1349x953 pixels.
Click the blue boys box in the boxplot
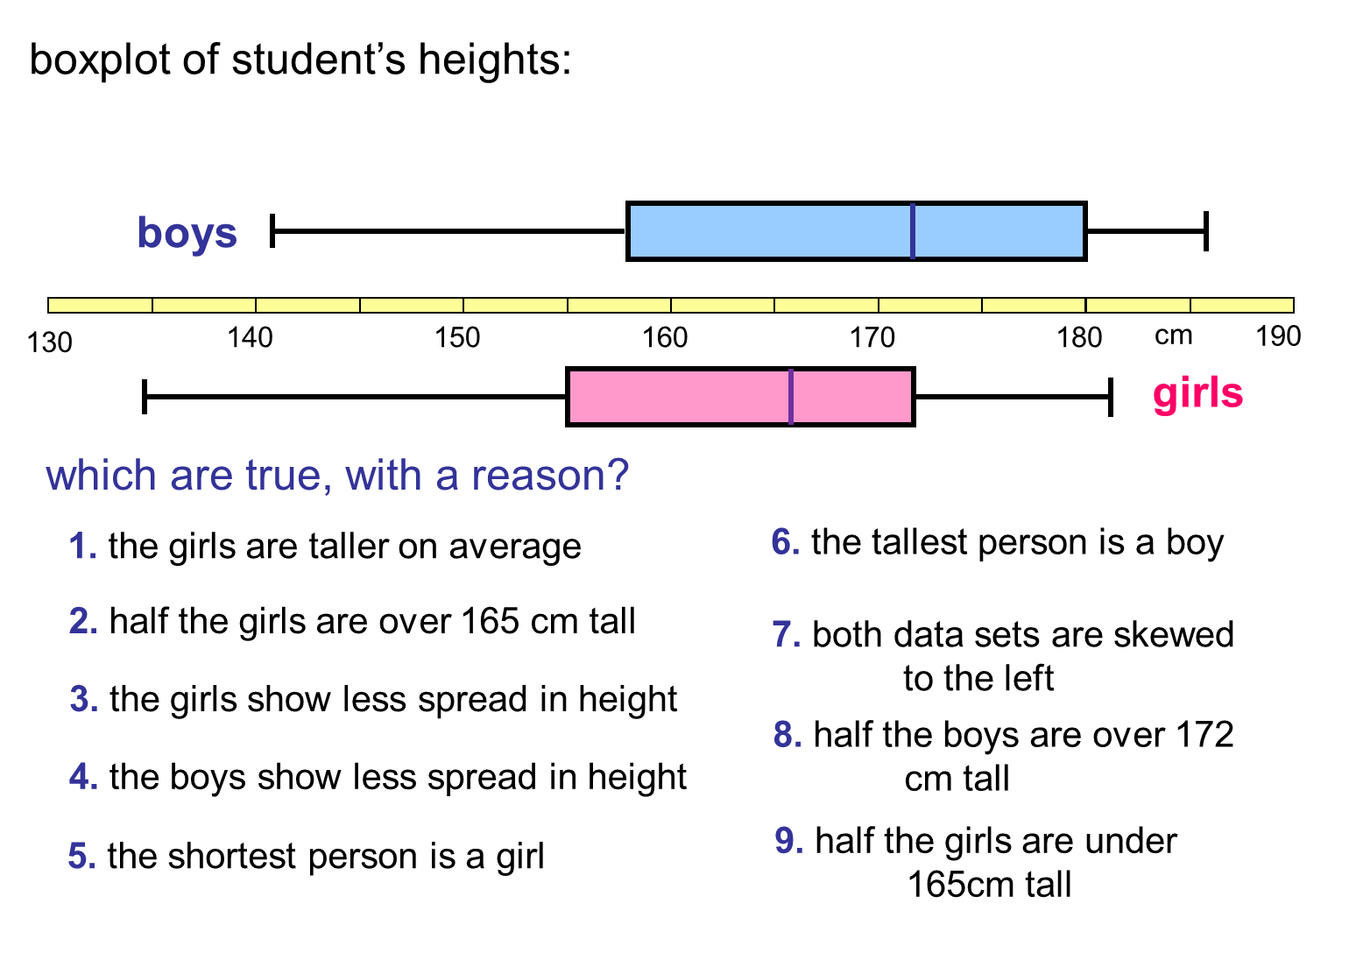771,231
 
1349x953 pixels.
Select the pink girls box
679,397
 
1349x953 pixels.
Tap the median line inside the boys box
913,231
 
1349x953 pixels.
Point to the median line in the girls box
791,397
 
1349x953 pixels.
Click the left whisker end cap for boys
273,231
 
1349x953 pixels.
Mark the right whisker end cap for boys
1206,231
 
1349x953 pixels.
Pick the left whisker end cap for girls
145,397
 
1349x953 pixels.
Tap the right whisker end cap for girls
1111,397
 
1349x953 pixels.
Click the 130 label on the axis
50,342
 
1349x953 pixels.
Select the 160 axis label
665,337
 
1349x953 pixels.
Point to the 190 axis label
1278,336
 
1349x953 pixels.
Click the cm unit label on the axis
1173,335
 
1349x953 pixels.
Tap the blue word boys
187,233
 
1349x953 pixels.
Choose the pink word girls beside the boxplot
1197,393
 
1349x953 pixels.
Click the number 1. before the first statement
82,547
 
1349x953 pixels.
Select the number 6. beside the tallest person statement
785,542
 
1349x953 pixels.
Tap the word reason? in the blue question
550,476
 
